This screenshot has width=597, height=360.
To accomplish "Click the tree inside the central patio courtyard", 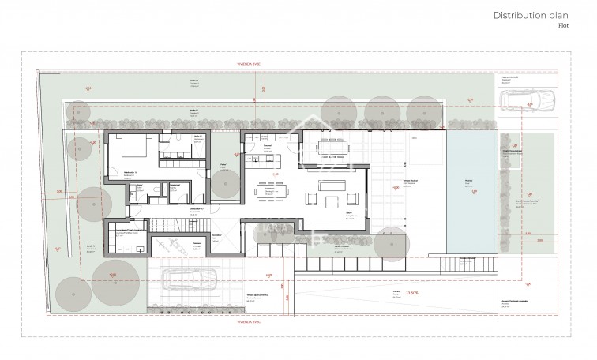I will coord(225,186).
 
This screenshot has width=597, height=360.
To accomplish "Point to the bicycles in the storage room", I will coord(172,243).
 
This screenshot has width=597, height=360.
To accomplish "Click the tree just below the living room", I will coord(389,244).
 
